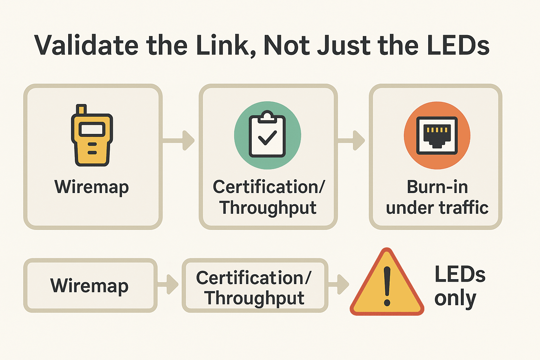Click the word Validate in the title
tap(86, 45)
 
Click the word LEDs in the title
tap(458, 45)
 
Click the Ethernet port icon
tap(437, 136)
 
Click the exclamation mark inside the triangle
tap(387, 285)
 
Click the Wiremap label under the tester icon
tap(92, 187)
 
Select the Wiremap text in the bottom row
tap(89, 286)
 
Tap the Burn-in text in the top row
tap(437, 187)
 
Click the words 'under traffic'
tap(437, 208)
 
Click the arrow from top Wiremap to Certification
tap(179, 141)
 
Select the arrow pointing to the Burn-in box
tap(352, 141)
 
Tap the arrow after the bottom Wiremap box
tap(169, 284)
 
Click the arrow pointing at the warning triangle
tap(339, 284)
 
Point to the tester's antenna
tap(81, 109)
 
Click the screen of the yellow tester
tap(92, 129)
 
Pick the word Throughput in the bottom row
tap(255, 298)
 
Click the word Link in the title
tap(223, 45)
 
